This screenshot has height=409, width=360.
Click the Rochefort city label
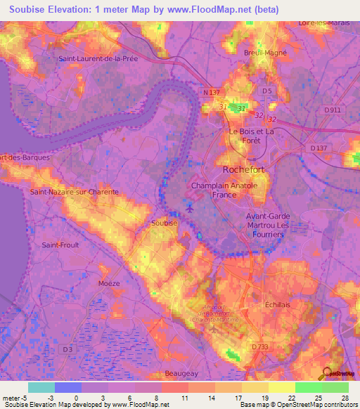[240, 170]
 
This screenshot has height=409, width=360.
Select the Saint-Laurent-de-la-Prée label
[97, 59]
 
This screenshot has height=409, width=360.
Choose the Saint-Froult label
[60, 245]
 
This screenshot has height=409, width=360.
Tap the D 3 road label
[67, 349]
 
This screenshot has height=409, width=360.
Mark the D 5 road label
[266, 91]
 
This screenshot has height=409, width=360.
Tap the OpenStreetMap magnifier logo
[328, 372]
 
